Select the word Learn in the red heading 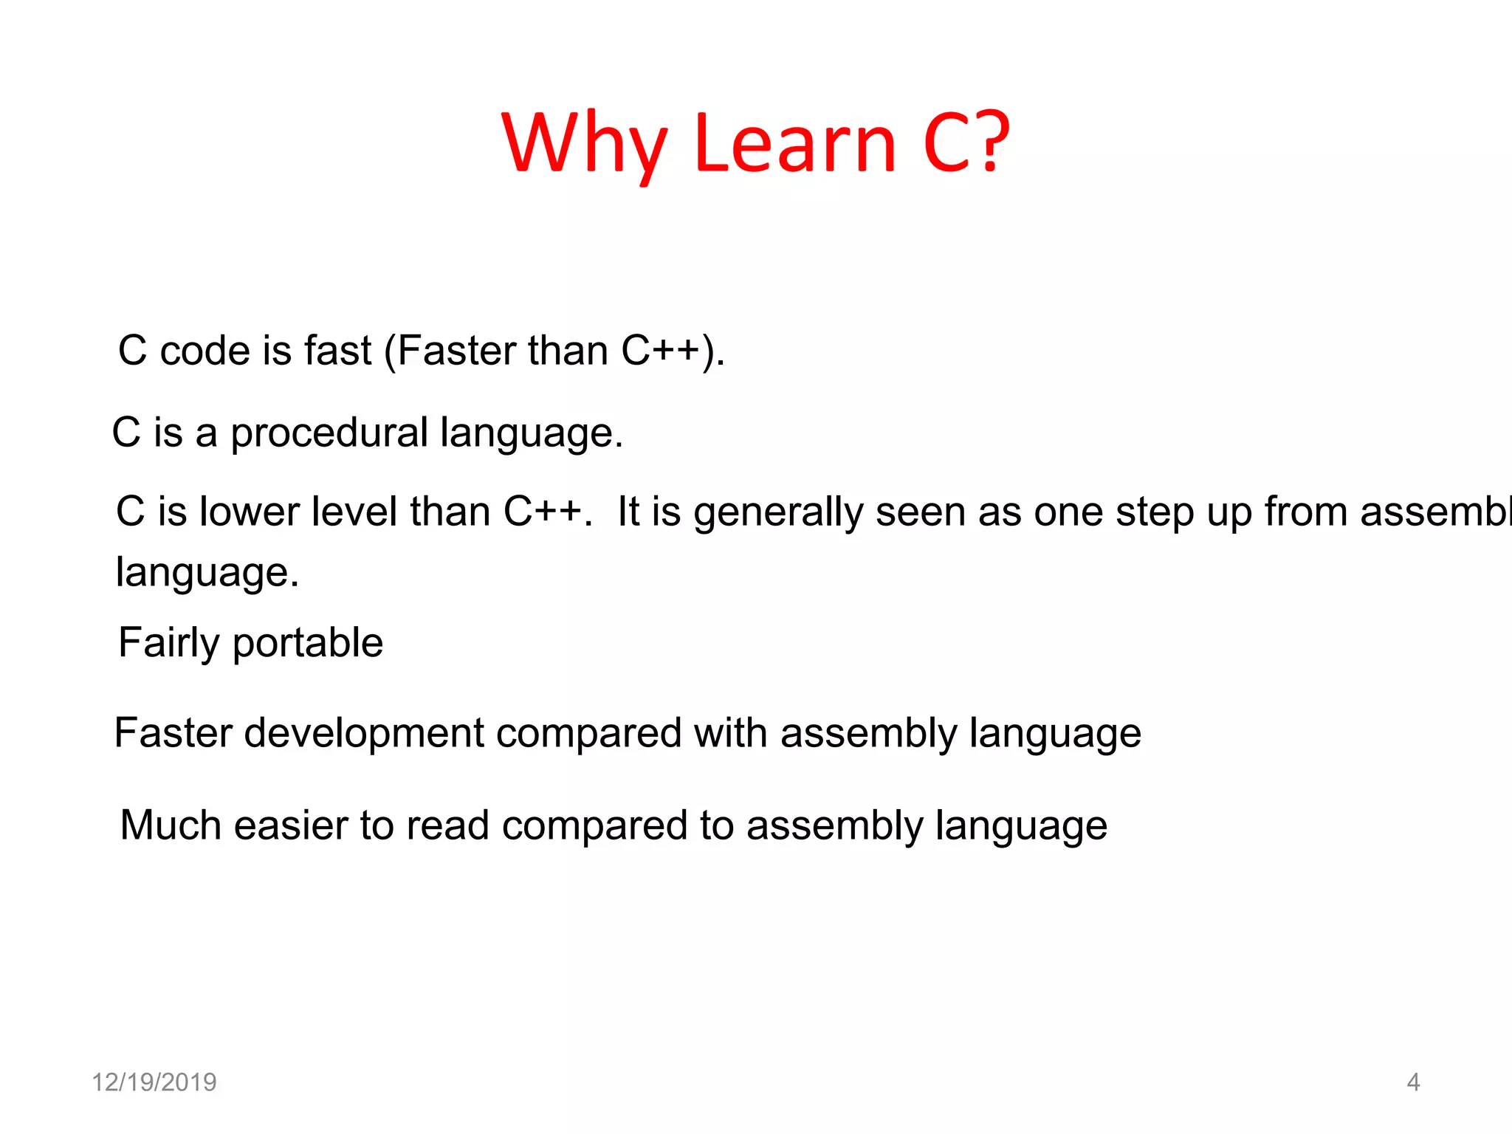pyautogui.click(x=795, y=143)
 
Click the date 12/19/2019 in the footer pyautogui.click(x=154, y=1082)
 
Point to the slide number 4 pyautogui.click(x=1413, y=1082)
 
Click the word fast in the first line pyautogui.click(x=337, y=350)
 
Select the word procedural pyautogui.click(x=329, y=433)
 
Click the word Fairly pyautogui.click(x=168, y=643)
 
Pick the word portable pyautogui.click(x=308, y=643)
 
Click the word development pyautogui.click(x=364, y=733)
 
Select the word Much pyautogui.click(x=171, y=825)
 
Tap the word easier pyautogui.click(x=290, y=825)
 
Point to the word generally pyautogui.click(x=778, y=512)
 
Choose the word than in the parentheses pyautogui.click(x=568, y=350)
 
